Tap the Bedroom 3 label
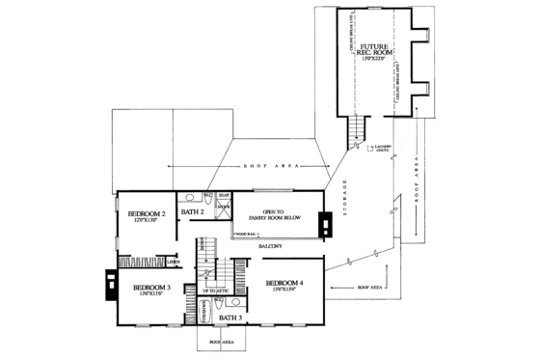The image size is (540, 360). tap(152, 288)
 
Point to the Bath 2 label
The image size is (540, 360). tap(191, 211)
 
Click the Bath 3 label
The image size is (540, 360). tap(229, 316)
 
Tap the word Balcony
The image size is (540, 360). tap(269, 246)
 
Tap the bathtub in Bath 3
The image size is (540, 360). tap(205, 313)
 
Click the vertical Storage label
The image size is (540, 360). tap(344, 197)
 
